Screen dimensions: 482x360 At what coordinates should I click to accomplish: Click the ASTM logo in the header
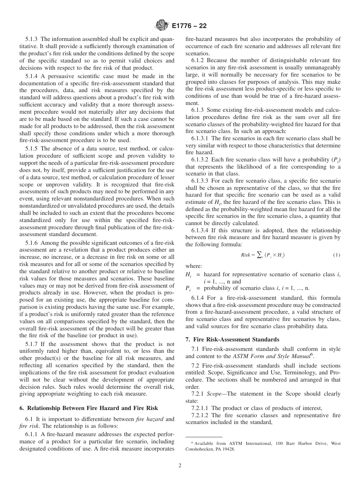(x=162, y=26)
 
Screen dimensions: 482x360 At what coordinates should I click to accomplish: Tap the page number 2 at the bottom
(x=180, y=466)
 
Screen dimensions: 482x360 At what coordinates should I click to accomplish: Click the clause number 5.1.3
(x=32, y=39)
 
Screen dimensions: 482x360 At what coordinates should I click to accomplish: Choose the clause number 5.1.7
(x=32, y=344)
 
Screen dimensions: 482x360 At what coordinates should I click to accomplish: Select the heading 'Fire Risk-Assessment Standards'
(x=236, y=340)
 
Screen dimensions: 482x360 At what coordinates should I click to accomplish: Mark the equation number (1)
(x=337, y=255)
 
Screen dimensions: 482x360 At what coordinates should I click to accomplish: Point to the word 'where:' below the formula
(x=194, y=266)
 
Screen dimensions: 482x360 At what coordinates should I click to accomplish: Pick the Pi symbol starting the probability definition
(x=188, y=288)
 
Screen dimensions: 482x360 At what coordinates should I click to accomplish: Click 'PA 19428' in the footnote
(x=224, y=449)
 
